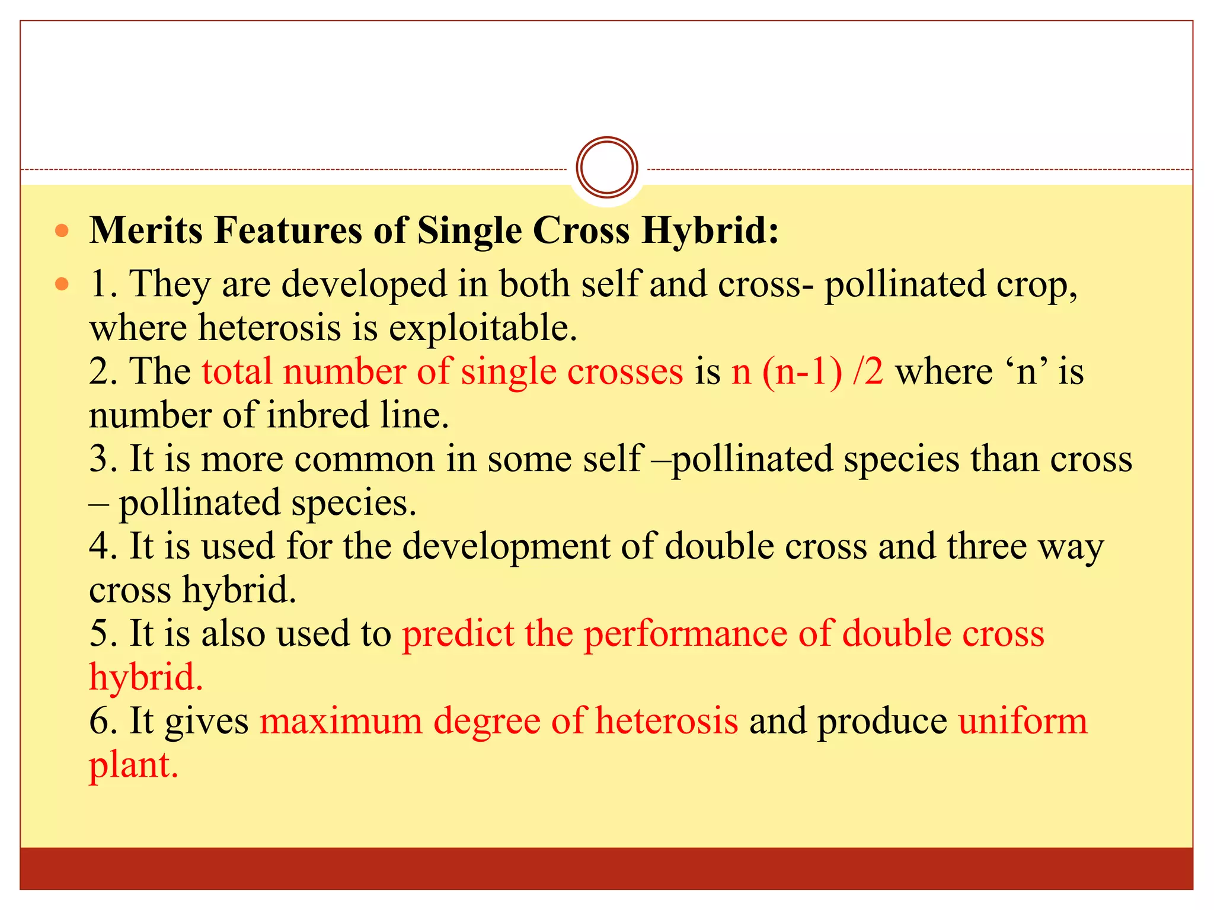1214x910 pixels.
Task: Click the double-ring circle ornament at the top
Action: [x=606, y=167]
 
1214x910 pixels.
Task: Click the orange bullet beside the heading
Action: [x=62, y=230]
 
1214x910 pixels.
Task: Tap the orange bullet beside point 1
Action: [x=62, y=284]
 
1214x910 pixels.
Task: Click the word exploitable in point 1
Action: [x=483, y=328]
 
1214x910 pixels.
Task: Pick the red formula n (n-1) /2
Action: [x=807, y=372]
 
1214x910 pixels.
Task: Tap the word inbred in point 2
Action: [x=318, y=415]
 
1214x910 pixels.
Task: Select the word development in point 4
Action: [x=506, y=546]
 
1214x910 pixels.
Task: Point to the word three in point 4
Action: [x=986, y=546]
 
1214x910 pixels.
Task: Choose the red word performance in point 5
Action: [x=685, y=634]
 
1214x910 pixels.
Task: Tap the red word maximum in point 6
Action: [x=341, y=722]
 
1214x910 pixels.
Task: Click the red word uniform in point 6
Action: [x=1023, y=722]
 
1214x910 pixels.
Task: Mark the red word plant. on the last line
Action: [x=133, y=765]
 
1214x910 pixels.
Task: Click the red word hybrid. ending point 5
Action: [x=146, y=677]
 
